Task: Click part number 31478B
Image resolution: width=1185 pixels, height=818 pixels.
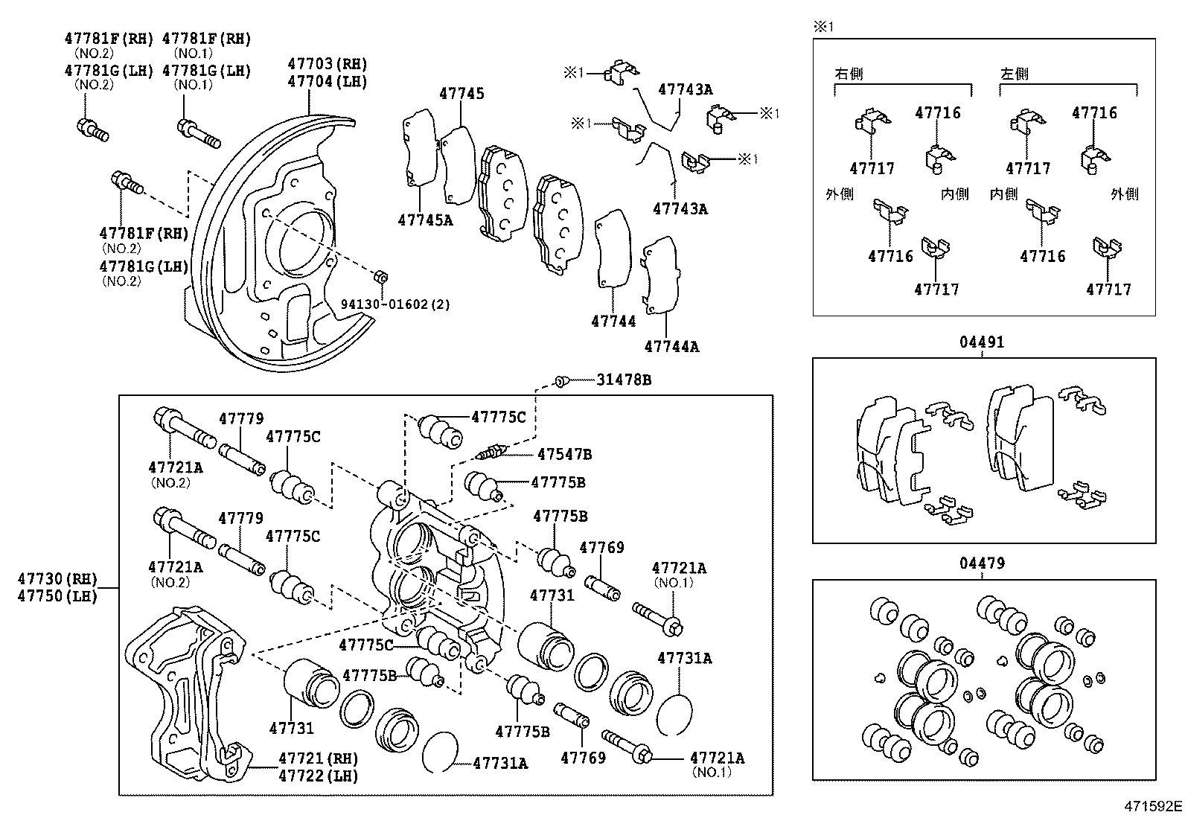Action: click(x=623, y=380)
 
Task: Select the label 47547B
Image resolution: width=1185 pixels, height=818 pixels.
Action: click(x=564, y=454)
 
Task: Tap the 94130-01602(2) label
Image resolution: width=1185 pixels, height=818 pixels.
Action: click(x=395, y=304)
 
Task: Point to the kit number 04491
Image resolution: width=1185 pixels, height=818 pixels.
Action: click(x=981, y=342)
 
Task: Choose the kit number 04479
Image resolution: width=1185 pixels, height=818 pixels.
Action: click(x=981, y=563)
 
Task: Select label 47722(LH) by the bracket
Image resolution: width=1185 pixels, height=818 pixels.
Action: click(x=318, y=776)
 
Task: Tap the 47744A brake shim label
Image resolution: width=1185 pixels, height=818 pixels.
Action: click(x=671, y=346)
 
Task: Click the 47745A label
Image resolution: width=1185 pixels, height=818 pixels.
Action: click(x=424, y=220)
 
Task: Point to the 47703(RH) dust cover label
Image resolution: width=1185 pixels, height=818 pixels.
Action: click(x=328, y=64)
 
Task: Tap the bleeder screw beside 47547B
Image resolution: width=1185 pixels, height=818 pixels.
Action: click(x=490, y=452)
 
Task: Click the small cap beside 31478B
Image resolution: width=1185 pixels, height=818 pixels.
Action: click(x=562, y=381)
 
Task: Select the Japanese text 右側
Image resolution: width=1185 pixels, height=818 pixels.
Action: click(x=849, y=74)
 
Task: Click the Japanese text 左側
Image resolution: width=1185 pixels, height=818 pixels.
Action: click(x=1014, y=74)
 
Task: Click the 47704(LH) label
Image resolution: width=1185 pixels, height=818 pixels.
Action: click(x=328, y=82)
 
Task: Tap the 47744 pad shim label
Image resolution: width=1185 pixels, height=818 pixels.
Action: click(x=613, y=322)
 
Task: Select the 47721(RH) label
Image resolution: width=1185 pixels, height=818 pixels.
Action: click(x=318, y=758)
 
